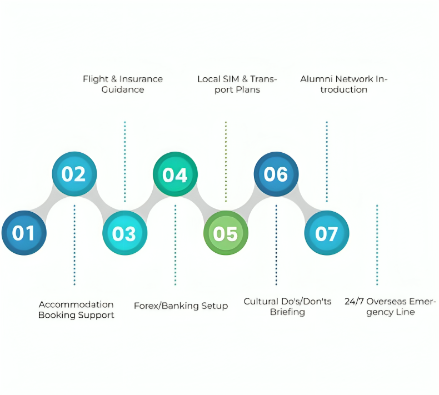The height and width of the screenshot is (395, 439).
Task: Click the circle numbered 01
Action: pyautogui.click(x=24, y=233)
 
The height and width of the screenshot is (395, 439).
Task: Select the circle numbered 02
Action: pyautogui.click(x=74, y=174)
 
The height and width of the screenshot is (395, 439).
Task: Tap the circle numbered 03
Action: pyautogui.click(x=125, y=233)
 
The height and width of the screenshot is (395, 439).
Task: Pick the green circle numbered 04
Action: pyautogui.click(x=175, y=174)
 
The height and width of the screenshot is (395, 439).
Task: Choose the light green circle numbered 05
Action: pyautogui.click(x=226, y=233)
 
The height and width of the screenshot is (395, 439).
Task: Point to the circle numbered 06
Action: pyautogui.click(x=276, y=174)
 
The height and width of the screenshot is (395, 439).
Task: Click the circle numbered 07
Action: pyautogui.click(x=326, y=233)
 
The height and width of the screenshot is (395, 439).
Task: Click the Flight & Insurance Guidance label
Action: pyautogui.click(x=123, y=84)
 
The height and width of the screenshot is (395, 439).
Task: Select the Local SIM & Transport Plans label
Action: pyautogui.click(x=237, y=84)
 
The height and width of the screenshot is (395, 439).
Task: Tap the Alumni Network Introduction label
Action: pyautogui.click(x=344, y=84)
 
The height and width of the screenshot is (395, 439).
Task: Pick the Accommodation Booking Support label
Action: pyautogui.click(x=76, y=310)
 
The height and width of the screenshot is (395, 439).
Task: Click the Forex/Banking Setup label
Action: pyautogui.click(x=181, y=306)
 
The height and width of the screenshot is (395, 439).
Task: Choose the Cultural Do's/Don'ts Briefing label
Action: pyautogui.click(x=287, y=307)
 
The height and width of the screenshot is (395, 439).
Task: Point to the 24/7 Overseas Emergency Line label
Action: pyautogui.click(x=390, y=307)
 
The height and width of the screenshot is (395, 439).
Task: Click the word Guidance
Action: pyautogui.click(x=123, y=89)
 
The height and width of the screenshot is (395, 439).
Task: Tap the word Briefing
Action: pyautogui.click(x=287, y=312)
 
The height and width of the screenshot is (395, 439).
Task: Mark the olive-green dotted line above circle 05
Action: pyautogui.click(x=226, y=162)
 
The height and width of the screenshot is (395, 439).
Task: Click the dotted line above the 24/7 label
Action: pyautogui.click(x=377, y=245)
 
